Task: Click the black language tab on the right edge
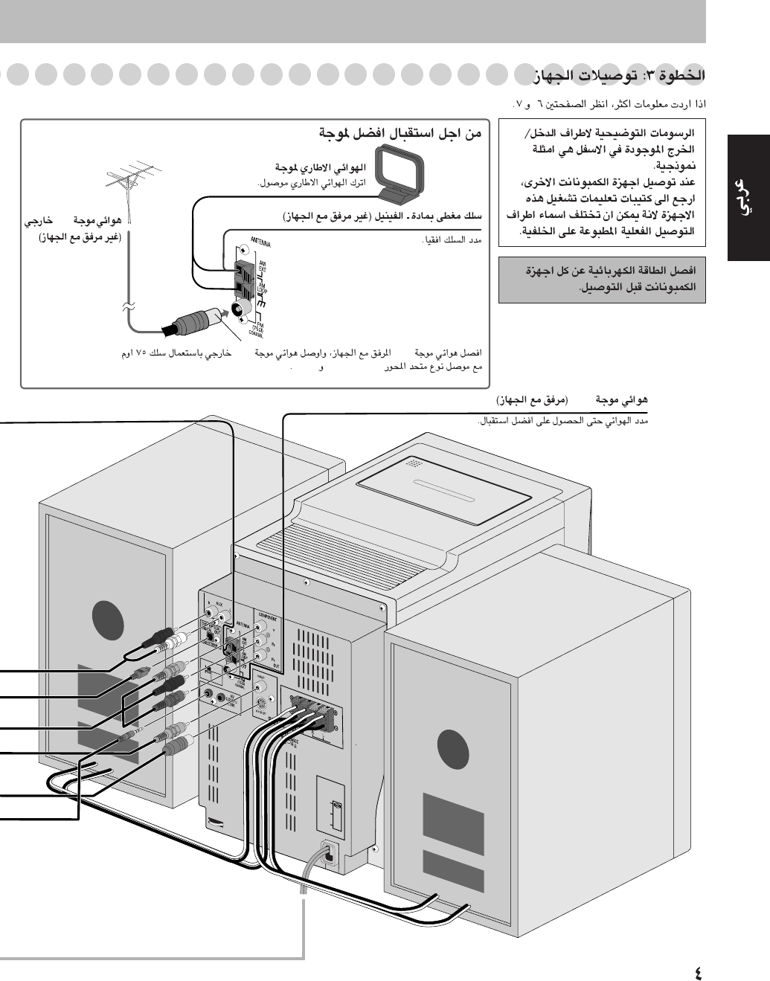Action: [x=748, y=197]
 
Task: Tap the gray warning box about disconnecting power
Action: [x=602, y=279]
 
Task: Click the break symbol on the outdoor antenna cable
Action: [x=127, y=306]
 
